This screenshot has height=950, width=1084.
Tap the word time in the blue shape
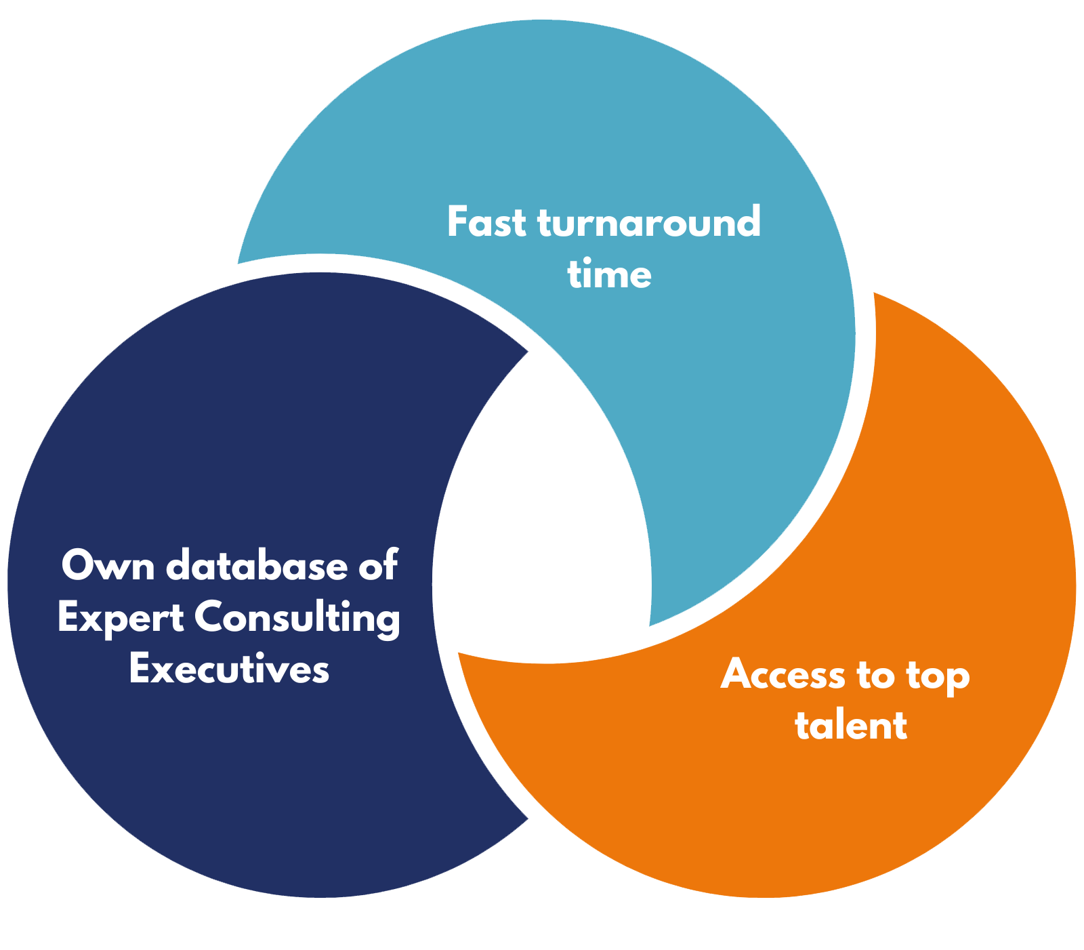pos(609,274)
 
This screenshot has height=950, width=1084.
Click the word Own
pos(108,565)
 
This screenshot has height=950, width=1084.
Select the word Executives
pos(229,669)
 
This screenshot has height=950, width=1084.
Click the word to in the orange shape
pos(881,675)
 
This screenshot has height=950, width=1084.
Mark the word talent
pos(851,725)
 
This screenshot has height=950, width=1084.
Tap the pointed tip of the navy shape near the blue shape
pos(526,352)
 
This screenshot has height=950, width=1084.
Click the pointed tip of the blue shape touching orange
pos(651,623)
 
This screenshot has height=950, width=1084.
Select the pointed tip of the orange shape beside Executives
pos(460,654)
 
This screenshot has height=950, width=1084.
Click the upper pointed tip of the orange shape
pos(875,295)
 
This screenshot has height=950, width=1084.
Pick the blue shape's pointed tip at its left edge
pos(238,262)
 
